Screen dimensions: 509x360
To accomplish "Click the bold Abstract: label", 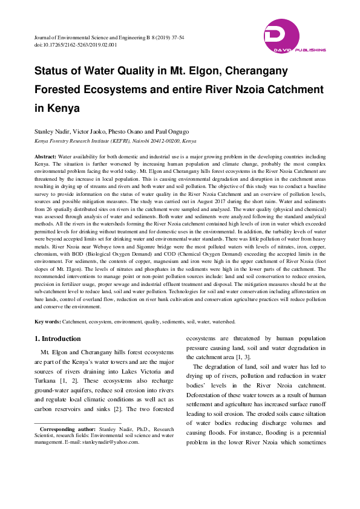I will point(45,157).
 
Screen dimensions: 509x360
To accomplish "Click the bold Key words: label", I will point(48,322).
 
